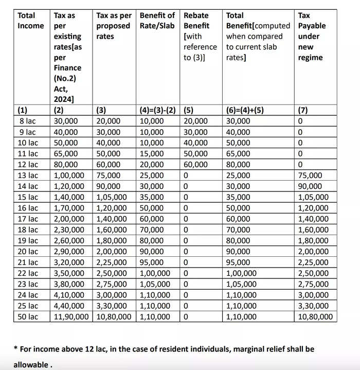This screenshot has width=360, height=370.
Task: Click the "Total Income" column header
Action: [x=30, y=21]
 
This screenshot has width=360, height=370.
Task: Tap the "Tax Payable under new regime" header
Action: [x=312, y=36]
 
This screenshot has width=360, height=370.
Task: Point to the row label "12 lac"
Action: [x=28, y=165]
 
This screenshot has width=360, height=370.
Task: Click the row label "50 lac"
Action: [x=28, y=316]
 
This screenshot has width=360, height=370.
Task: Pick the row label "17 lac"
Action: [x=28, y=219]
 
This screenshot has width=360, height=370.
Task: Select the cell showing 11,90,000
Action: [x=73, y=316]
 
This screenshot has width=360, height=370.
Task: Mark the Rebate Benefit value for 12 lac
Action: [x=196, y=165]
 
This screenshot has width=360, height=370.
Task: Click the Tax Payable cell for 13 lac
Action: [x=310, y=175]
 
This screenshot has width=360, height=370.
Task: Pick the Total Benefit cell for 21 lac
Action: [x=239, y=262]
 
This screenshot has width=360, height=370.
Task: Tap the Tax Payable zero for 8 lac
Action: [x=301, y=121]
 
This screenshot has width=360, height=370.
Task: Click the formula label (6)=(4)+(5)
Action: [x=244, y=110]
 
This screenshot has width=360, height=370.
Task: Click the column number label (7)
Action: [x=303, y=110]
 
